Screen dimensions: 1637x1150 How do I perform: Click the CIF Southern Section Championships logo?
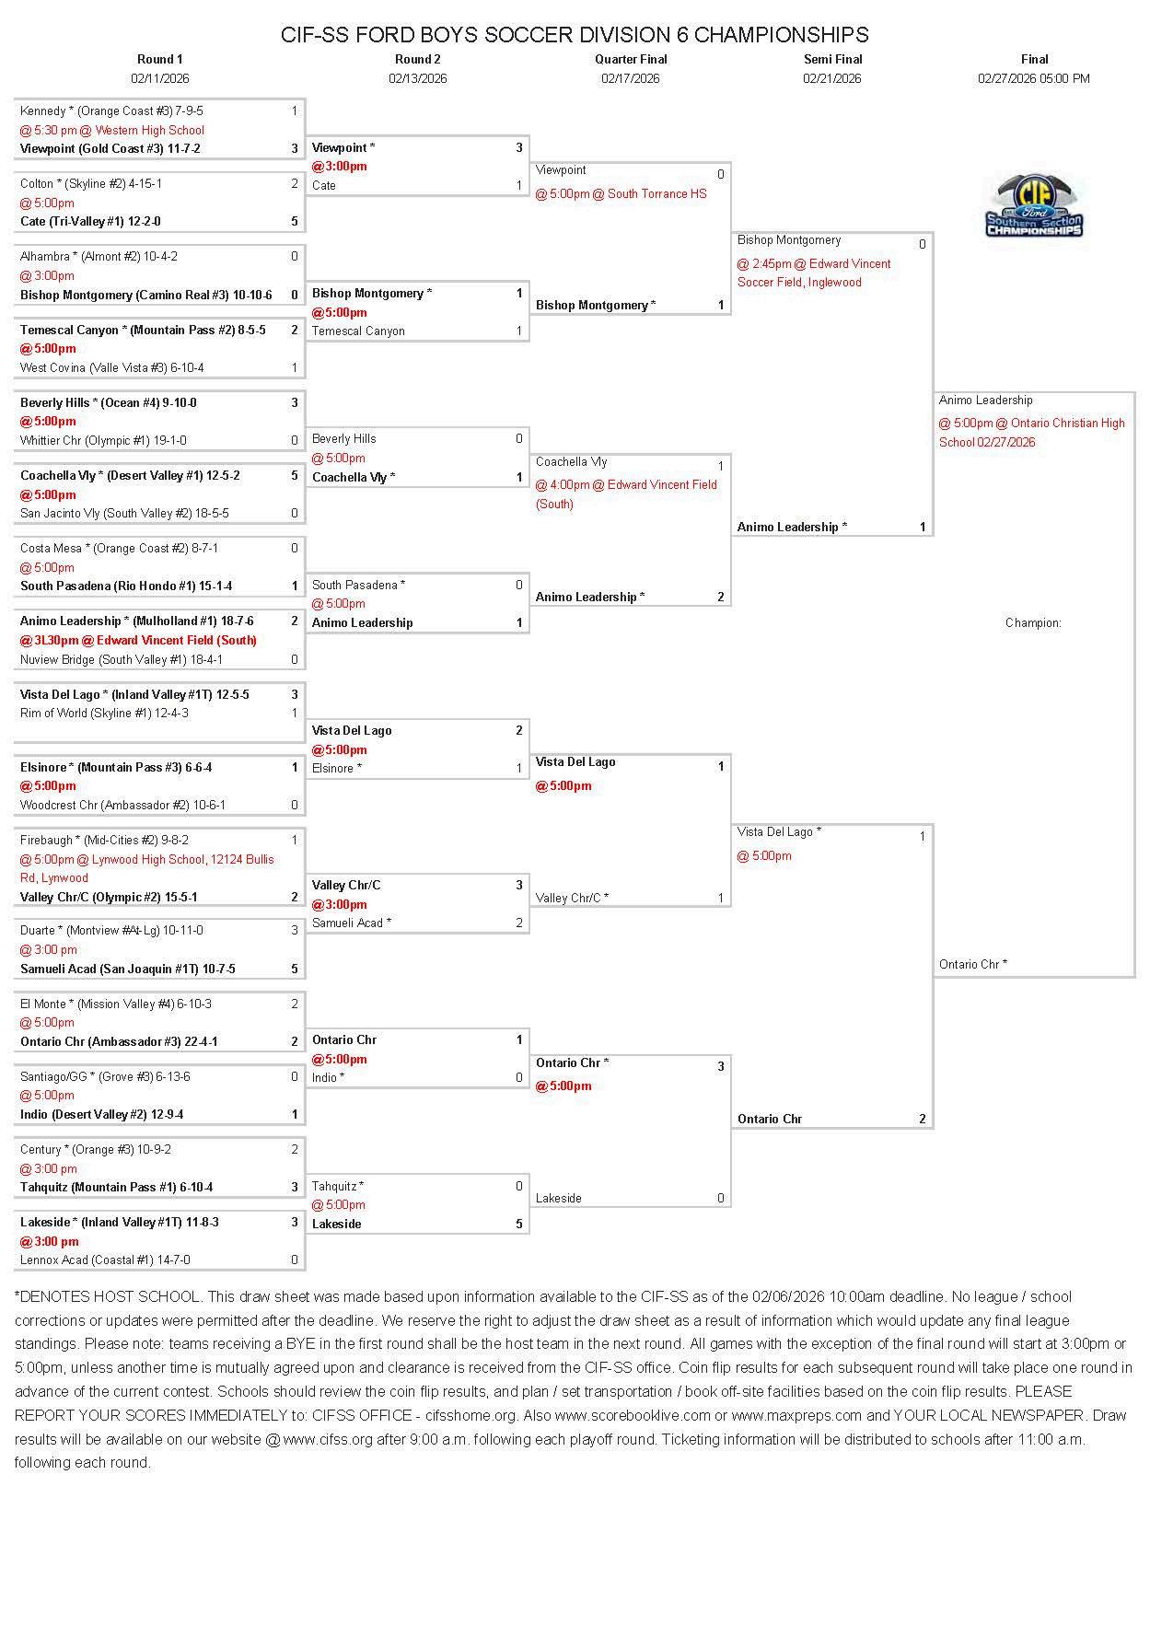(x=1034, y=206)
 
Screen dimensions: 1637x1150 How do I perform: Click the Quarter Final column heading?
(x=631, y=59)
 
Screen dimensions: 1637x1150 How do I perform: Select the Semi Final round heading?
(x=832, y=59)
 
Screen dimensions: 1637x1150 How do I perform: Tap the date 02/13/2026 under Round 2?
(x=417, y=78)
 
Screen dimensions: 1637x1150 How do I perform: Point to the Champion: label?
(x=1033, y=623)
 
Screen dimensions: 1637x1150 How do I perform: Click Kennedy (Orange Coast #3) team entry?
(x=111, y=111)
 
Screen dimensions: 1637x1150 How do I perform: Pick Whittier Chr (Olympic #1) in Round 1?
(x=103, y=441)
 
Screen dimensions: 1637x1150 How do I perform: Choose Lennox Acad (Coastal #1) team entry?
(x=105, y=1260)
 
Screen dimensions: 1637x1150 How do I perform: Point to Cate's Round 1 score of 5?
(x=295, y=222)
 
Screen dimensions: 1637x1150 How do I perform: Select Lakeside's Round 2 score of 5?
(x=519, y=1225)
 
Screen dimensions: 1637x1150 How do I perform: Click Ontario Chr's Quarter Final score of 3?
(x=720, y=1067)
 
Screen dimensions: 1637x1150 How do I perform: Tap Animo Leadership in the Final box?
(x=985, y=401)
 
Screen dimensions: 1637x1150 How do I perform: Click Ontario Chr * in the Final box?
(x=972, y=965)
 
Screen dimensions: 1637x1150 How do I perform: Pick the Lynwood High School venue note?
(x=147, y=869)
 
